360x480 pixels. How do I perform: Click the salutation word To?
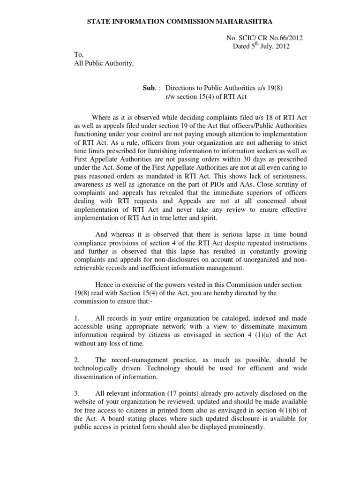[x=79, y=55]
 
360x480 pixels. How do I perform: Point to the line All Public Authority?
[x=104, y=64]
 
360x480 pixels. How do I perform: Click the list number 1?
[x=76, y=319]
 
